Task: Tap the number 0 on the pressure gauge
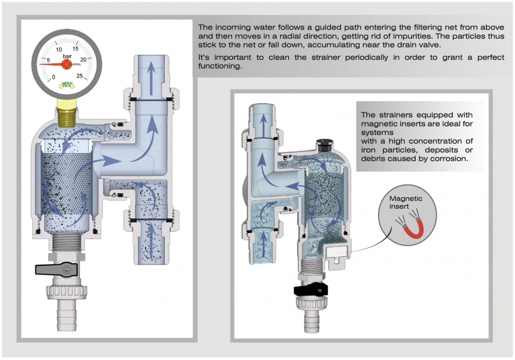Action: click(x=54, y=78)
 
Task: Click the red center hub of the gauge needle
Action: click(x=66, y=64)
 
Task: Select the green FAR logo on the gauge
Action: click(x=66, y=85)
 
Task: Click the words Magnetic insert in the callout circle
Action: click(x=406, y=202)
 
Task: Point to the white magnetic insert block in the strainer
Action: click(x=337, y=252)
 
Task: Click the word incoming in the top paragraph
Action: click(x=231, y=27)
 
